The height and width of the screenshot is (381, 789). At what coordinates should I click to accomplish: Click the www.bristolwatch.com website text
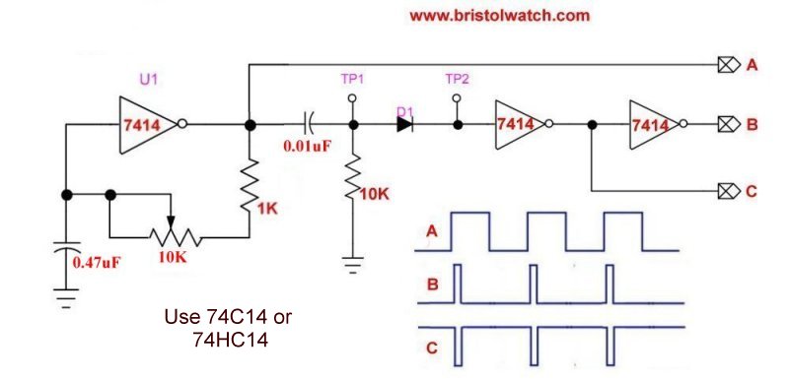498,16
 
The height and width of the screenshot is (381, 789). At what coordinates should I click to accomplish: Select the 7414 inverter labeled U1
146,125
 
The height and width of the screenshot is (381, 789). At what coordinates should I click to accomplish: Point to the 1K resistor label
267,208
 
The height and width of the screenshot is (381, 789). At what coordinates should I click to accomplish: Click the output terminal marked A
727,66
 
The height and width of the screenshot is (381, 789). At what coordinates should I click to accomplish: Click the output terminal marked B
727,125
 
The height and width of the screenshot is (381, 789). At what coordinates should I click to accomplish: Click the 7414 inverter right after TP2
517,125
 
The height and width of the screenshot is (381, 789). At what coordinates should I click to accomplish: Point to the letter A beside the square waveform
431,232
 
